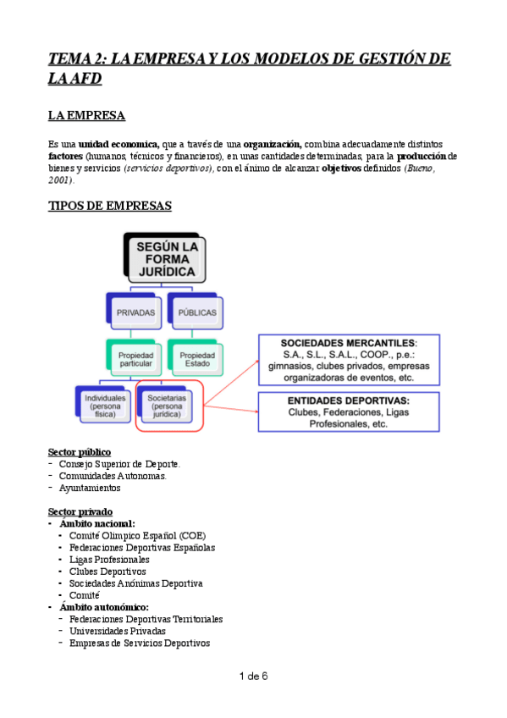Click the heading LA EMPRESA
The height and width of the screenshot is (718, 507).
[x=87, y=116]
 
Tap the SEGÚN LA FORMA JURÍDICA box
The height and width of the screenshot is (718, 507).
[x=165, y=258]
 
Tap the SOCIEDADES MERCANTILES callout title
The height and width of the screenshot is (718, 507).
[x=349, y=342]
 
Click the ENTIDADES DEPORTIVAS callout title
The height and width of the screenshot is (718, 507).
[x=349, y=400]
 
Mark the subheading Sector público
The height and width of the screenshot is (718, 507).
[x=80, y=451]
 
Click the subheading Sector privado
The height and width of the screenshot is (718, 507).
[x=79, y=511]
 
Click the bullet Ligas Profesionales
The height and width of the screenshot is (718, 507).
[x=110, y=559]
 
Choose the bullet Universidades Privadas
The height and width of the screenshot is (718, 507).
[x=118, y=631]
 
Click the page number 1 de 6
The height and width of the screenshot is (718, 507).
[x=254, y=676]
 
